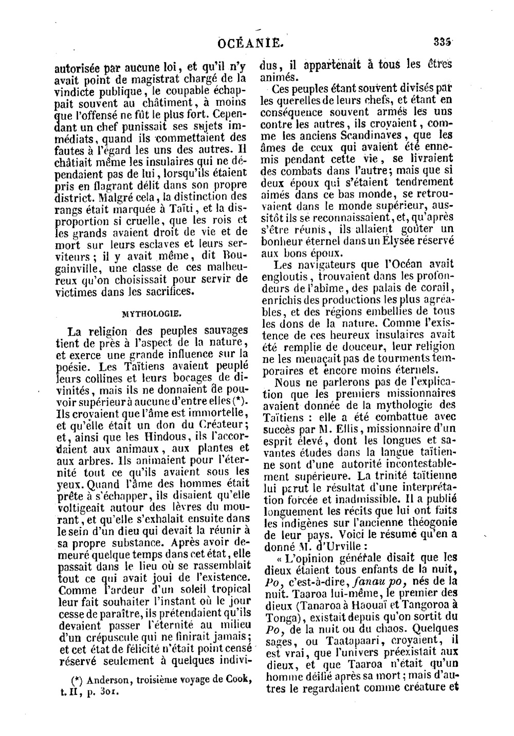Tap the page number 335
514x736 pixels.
[443, 42]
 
